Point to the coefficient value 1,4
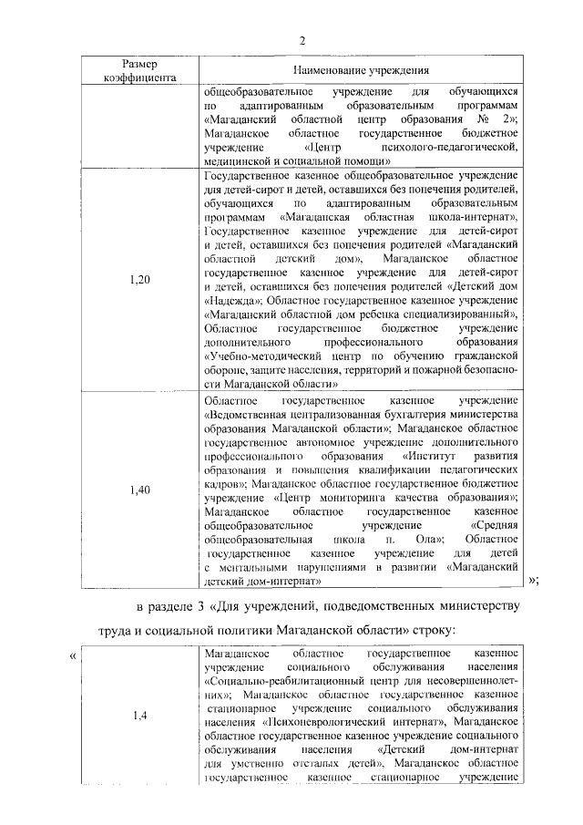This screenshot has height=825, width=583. point(139,715)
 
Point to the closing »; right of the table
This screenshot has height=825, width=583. point(534,581)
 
